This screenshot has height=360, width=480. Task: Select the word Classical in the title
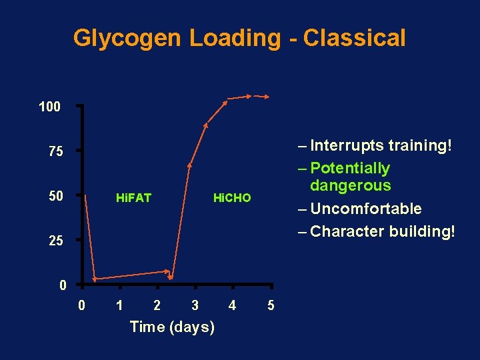click(354, 38)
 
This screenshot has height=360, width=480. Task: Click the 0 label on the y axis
click(62, 287)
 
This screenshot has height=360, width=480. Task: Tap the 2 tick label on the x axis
click(157, 306)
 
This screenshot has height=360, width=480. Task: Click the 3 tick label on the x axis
click(195, 306)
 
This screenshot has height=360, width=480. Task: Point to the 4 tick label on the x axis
click(232, 306)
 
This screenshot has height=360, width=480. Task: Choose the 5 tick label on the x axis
click(270, 306)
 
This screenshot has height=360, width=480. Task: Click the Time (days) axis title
click(172, 327)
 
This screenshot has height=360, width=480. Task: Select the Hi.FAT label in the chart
click(133, 198)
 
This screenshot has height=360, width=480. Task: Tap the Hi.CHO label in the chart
click(231, 198)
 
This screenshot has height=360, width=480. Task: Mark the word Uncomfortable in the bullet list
click(366, 209)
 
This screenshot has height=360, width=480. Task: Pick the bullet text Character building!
click(383, 231)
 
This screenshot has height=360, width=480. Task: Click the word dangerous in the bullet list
click(351, 185)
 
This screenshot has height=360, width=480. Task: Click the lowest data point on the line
click(95, 278)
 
